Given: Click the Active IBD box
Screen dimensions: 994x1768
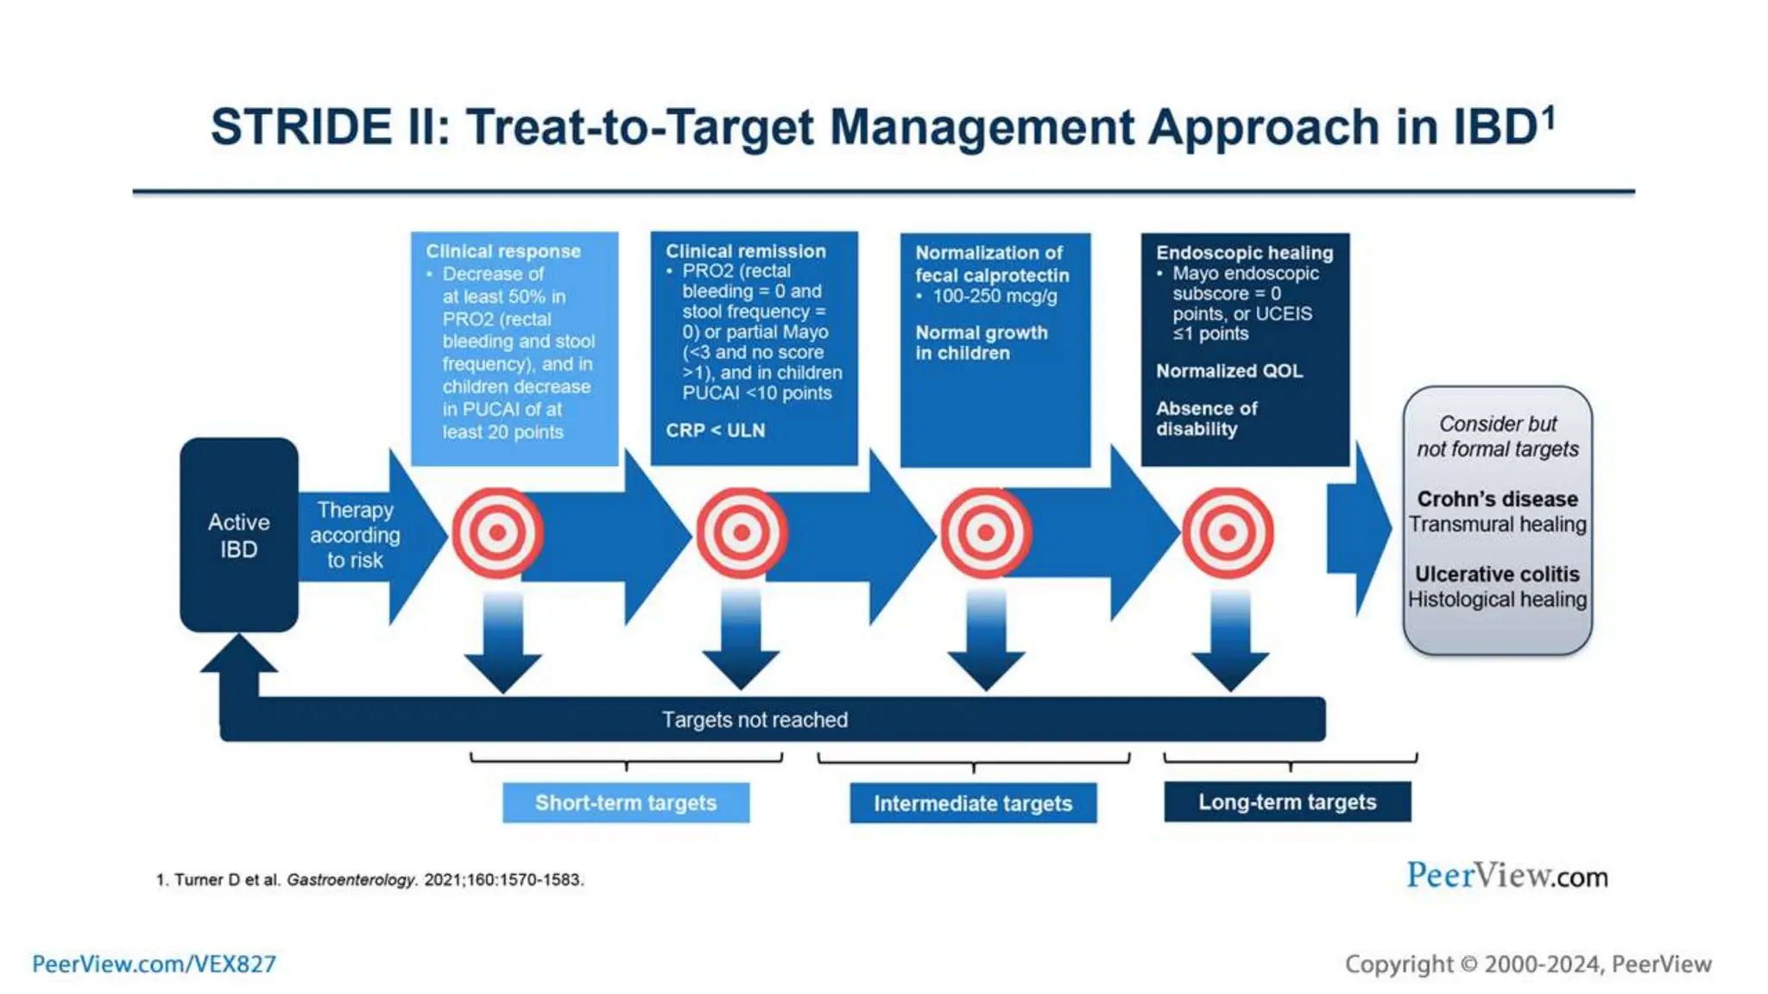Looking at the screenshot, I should [x=239, y=535].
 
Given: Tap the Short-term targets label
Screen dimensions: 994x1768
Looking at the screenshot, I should [x=626, y=802].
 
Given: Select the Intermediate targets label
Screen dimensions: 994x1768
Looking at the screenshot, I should [x=973, y=803].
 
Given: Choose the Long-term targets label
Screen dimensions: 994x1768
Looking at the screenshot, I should [x=1287, y=802].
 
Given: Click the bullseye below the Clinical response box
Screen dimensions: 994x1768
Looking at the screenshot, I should [x=497, y=532].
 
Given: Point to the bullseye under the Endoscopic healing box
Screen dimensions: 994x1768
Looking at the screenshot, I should [x=1227, y=532].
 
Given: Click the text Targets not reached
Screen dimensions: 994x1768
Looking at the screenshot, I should [x=755, y=720].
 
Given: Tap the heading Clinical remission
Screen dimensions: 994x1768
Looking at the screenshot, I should [x=745, y=251].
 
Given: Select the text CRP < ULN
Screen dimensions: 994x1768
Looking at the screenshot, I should [x=715, y=430].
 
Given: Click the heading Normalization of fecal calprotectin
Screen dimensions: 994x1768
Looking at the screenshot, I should [x=991, y=264].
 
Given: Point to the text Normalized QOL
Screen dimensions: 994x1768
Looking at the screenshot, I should [x=1228, y=371].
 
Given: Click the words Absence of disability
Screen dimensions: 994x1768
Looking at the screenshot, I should [x=1206, y=418].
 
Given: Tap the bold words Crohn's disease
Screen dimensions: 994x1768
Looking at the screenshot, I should [x=1497, y=499].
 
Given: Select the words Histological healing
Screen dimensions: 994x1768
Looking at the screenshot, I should [x=1497, y=599].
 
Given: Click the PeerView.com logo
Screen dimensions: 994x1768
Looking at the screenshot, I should [x=1506, y=876].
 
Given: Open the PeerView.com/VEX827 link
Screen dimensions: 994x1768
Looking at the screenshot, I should [x=154, y=964].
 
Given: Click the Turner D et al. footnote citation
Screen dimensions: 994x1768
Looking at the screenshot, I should [x=369, y=879].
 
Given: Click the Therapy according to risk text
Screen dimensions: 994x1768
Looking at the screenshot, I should [x=355, y=535].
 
